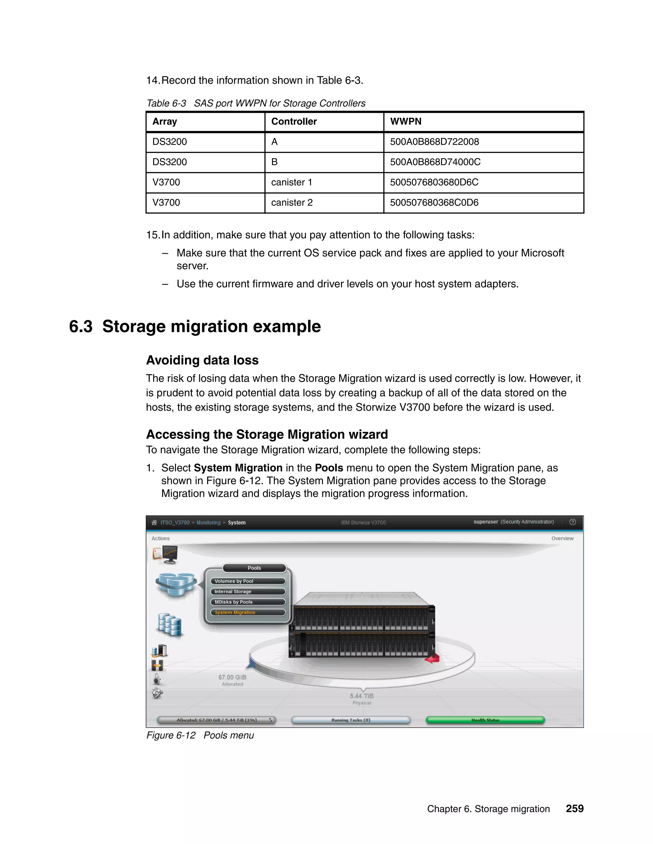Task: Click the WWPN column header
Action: pyautogui.click(x=406, y=121)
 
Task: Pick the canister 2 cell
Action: pyautogui.click(x=292, y=203)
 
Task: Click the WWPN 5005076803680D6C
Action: pyautogui.click(x=434, y=182)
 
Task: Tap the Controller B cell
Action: pyautogui.click(x=274, y=162)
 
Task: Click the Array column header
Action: pyautogui.click(x=165, y=121)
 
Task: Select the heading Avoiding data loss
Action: pyautogui.click(x=202, y=360)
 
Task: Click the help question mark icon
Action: pyautogui.click(x=573, y=522)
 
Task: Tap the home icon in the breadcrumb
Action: pyautogui.click(x=154, y=522)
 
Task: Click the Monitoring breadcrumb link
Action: pyautogui.click(x=208, y=522)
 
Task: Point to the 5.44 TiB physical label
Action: pyautogui.click(x=362, y=696)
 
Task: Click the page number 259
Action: pyautogui.click(x=575, y=808)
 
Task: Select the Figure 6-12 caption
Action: pyautogui.click(x=200, y=735)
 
